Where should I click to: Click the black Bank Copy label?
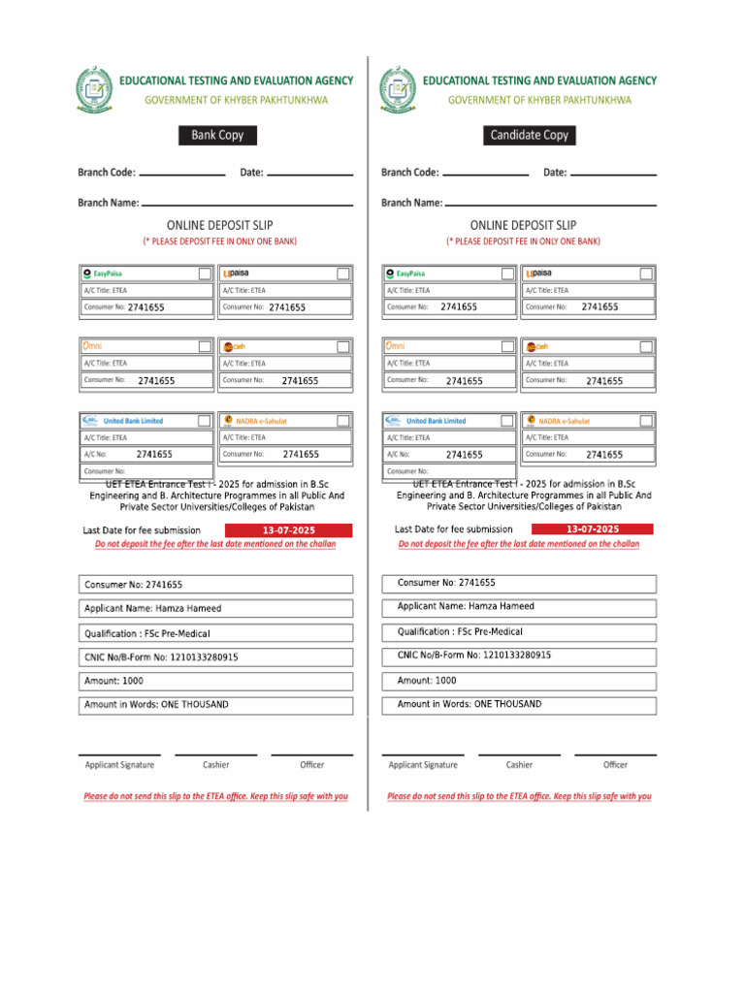click(x=217, y=136)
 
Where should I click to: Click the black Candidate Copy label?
click(x=529, y=136)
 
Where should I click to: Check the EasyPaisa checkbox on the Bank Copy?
click(x=205, y=273)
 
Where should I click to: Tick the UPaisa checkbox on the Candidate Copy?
click(x=646, y=273)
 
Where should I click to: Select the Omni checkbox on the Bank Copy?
click(x=205, y=346)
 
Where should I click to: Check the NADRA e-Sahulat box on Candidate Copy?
click(x=646, y=421)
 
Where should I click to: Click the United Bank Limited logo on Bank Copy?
click(x=123, y=421)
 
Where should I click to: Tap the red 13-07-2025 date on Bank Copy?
click(x=289, y=530)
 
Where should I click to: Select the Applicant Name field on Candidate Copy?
click(x=516, y=607)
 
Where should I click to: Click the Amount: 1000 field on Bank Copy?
click(x=215, y=682)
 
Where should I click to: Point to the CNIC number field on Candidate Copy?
click(x=516, y=656)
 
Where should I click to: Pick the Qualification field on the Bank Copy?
click(x=215, y=633)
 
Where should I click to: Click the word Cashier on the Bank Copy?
click(x=216, y=765)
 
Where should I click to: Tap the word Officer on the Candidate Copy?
click(x=615, y=765)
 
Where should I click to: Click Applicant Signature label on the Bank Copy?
click(x=119, y=765)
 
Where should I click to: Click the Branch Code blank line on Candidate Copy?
click(x=485, y=174)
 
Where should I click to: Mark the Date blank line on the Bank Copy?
click(x=309, y=174)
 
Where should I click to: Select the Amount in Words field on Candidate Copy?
click(x=516, y=705)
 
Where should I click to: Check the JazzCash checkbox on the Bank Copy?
click(x=343, y=346)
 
